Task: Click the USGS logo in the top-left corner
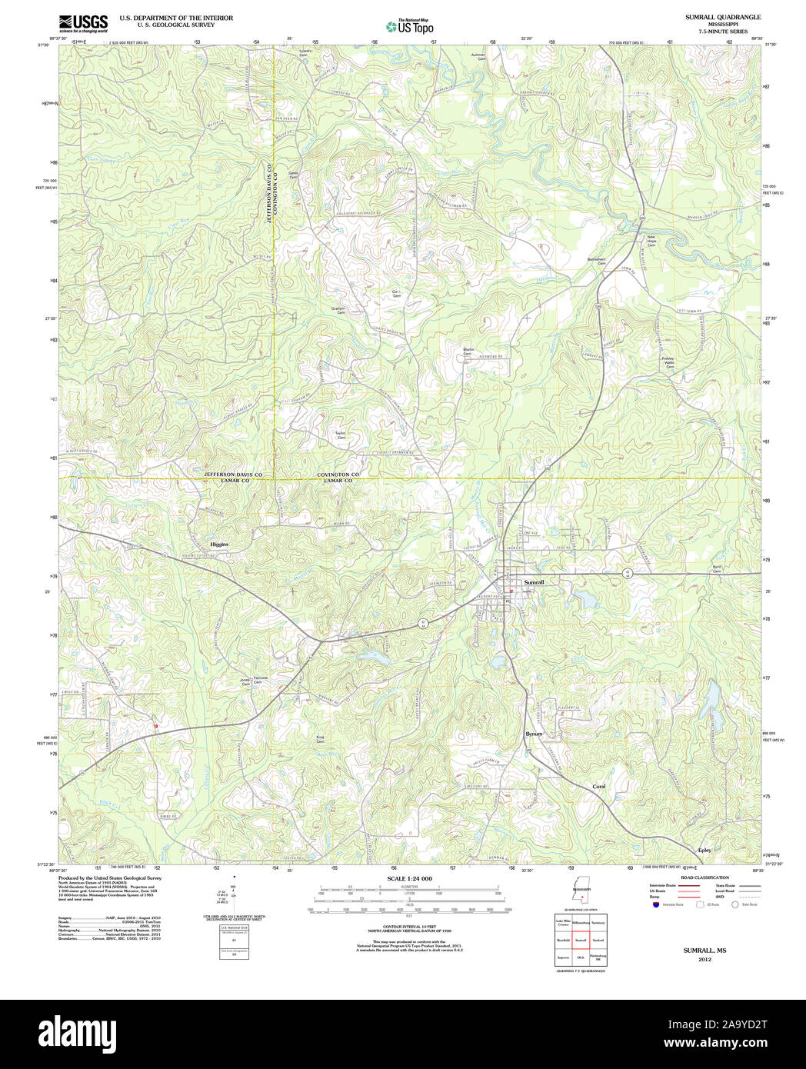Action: tap(83, 23)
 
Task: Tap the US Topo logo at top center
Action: tap(409, 26)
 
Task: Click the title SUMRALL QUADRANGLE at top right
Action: tap(723, 17)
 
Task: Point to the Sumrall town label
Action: tap(534, 583)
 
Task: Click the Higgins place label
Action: tap(219, 544)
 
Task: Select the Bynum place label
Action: tap(534, 734)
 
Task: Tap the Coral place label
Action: tap(598, 787)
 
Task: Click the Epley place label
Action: tap(704, 850)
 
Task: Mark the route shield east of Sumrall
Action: tap(628, 574)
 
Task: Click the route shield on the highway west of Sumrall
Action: tap(422, 623)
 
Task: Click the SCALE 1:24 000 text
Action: tap(409, 878)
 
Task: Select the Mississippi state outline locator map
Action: tap(581, 894)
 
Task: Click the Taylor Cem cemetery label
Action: tap(340, 435)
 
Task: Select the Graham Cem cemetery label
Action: tap(338, 310)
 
